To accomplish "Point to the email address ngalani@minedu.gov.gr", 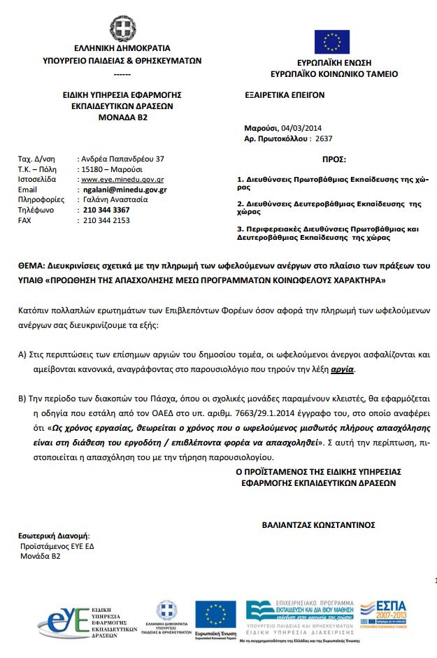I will click(x=124, y=189).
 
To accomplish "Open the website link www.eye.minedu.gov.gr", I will click(x=122, y=180).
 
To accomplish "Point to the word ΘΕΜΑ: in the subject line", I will click(x=32, y=267).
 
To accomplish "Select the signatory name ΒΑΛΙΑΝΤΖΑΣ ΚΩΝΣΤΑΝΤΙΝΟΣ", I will click(x=318, y=523).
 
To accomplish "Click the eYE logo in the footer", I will click(x=64, y=615).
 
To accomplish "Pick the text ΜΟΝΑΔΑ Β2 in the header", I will click(x=122, y=117).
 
